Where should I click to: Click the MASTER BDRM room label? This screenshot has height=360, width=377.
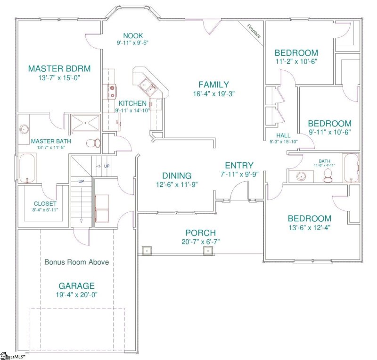tap(59, 68)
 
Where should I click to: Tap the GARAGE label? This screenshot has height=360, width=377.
tap(77, 286)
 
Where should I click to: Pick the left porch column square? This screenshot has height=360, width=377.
tap(146, 250)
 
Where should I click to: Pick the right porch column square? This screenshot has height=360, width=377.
tap(207, 250)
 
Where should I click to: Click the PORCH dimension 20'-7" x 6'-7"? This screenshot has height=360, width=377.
tap(200, 242)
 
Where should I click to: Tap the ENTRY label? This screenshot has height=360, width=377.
tap(239, 166)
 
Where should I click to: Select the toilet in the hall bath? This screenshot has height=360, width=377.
tap(329, 176)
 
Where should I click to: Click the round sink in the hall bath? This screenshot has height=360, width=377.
tap(302, 177)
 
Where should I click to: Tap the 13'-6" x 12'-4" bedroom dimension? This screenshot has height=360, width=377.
tap(309, 228)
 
